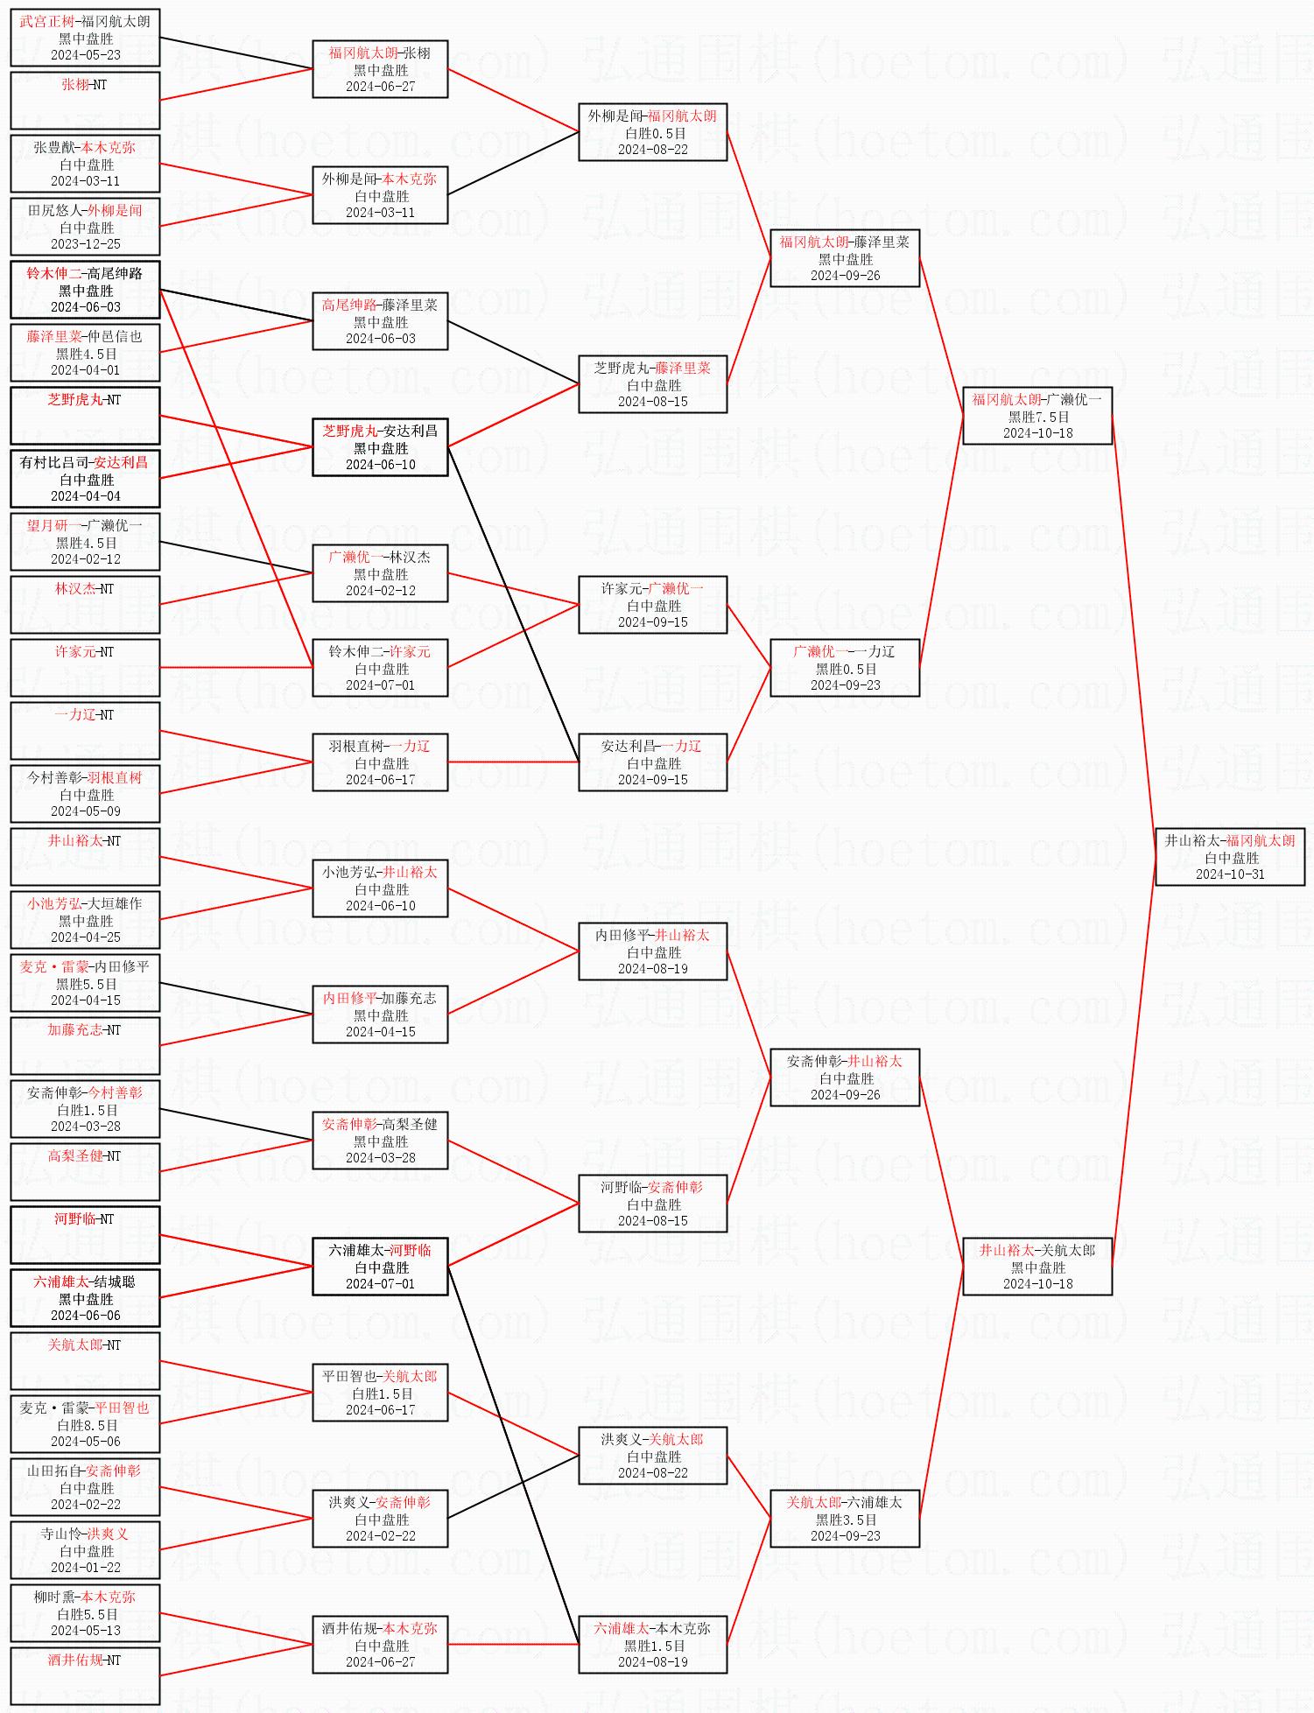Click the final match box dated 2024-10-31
1229,857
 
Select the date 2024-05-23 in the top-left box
85,55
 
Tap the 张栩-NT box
85,101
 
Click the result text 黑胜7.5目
1037,417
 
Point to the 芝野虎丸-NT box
85,416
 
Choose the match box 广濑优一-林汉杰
380,573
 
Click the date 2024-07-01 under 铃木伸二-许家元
380,685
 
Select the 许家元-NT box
85,668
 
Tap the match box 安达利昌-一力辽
652,762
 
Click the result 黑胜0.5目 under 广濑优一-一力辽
845,669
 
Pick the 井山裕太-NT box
85,857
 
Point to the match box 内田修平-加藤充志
380,1014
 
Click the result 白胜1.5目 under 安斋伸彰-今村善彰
86,1110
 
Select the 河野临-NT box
85,1235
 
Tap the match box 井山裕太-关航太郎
1037,1267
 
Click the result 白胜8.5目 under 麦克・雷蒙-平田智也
86,1425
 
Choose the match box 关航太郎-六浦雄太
845,1519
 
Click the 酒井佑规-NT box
85,1676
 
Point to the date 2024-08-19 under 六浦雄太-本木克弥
652,1662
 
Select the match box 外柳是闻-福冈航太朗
652,132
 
